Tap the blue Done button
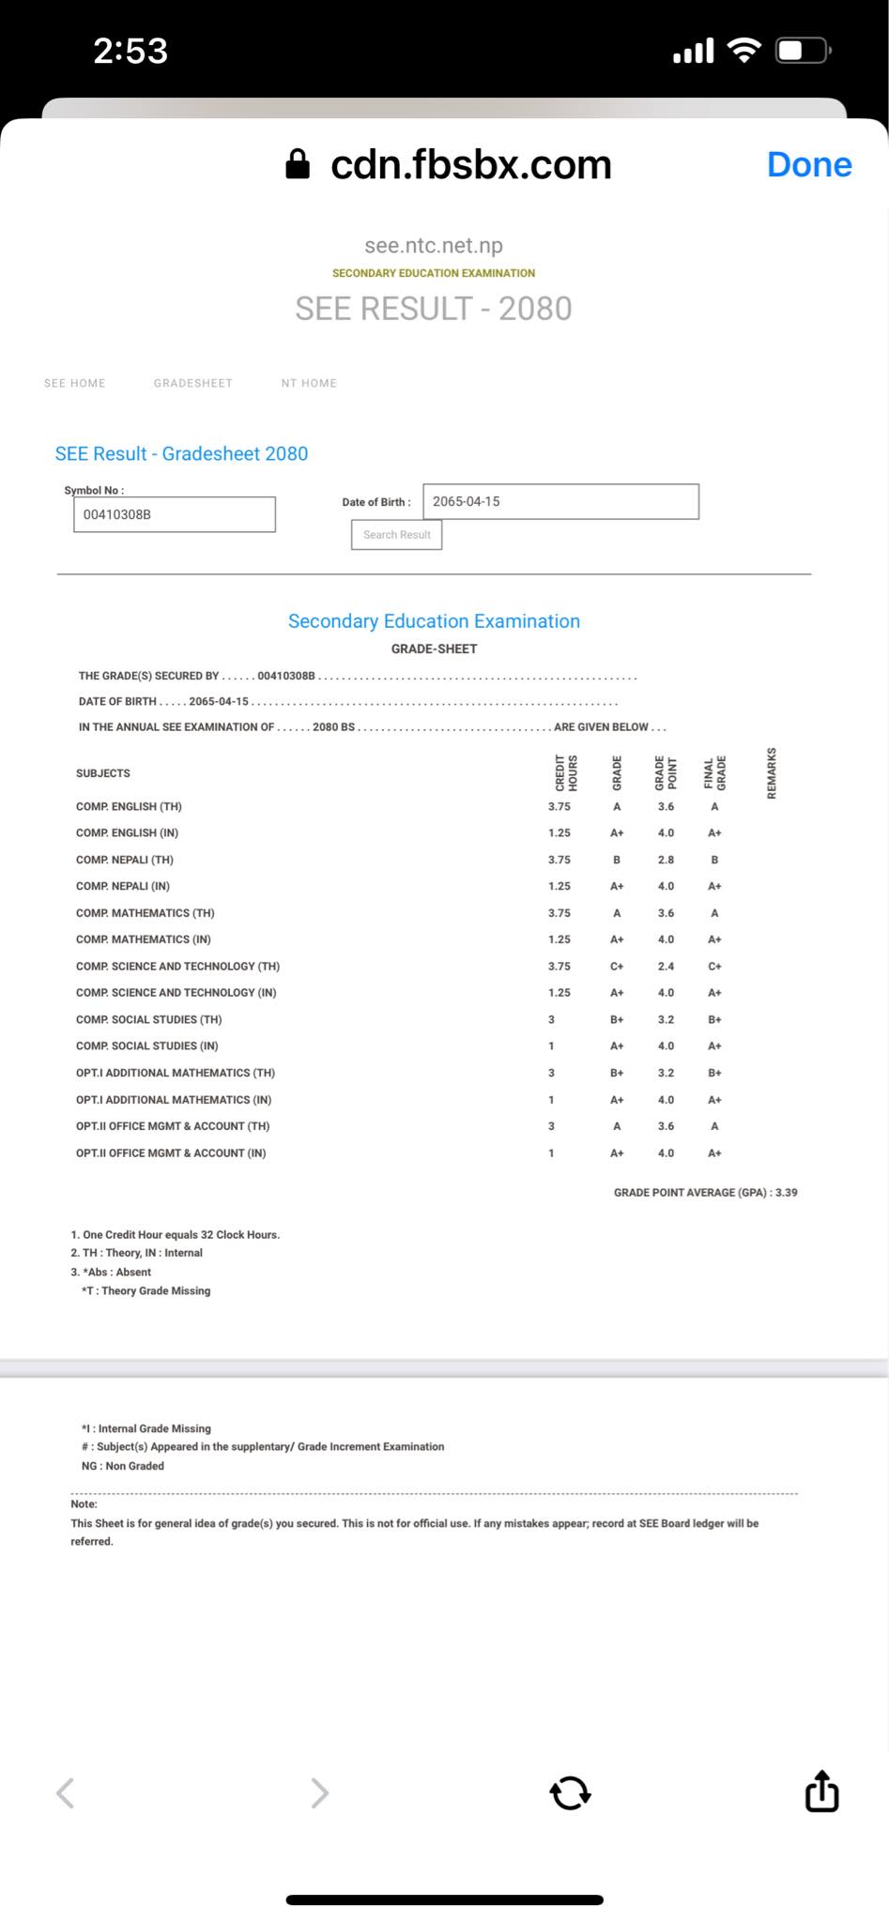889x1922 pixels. [x=808, y=164]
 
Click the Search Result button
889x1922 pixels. [x=396, y=535]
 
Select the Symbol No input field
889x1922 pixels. [x=175, y=514]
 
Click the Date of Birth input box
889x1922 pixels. [x=560, y=501]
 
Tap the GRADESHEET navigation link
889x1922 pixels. [x=192, y=383]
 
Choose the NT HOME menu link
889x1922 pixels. [x=309, y=383]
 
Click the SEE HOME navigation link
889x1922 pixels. [x=75, y=383]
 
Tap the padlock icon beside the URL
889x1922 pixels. [x=298, y=164]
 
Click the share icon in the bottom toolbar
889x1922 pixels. [x=821, y=1792]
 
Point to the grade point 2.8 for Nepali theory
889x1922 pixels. [x=666, y=860]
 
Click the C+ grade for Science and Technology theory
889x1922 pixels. [x=617, y=966]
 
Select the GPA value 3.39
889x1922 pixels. [x=786, y=1193]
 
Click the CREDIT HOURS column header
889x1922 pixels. [x=566, y=772]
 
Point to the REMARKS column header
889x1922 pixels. [x=772, y=772]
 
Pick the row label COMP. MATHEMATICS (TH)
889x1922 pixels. [x=146, y=913]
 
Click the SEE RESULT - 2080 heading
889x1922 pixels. [x=433, y=309]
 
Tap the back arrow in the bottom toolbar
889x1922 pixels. [x=65, y=1792]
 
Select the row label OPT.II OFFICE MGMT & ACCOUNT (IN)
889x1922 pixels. [x=171, y=1153]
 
